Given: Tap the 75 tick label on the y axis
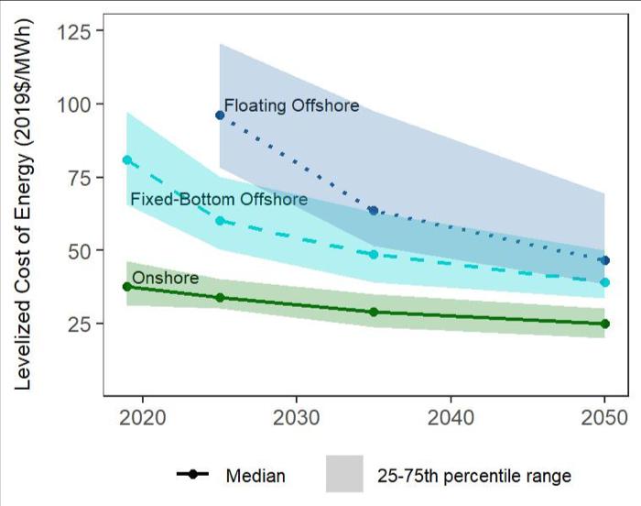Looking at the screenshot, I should tap(80, 177).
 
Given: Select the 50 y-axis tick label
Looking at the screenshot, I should tap(80, 250).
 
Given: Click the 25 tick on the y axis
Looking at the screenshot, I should tap(80, 324).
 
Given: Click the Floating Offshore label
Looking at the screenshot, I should tap(291, 106).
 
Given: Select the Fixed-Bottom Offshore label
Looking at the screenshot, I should tap(219, 199).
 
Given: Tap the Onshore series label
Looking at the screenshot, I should tap(165, 278).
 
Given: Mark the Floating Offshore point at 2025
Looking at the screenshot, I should tap(220, 115).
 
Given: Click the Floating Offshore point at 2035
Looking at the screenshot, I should tap(374, 211).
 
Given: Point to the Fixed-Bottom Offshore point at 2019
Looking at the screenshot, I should tap(127, 160).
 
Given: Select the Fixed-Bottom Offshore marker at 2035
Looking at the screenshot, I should tap(374, 254).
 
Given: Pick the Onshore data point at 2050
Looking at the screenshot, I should tap(604, 324).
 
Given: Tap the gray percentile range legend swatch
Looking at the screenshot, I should tap(344, 475).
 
